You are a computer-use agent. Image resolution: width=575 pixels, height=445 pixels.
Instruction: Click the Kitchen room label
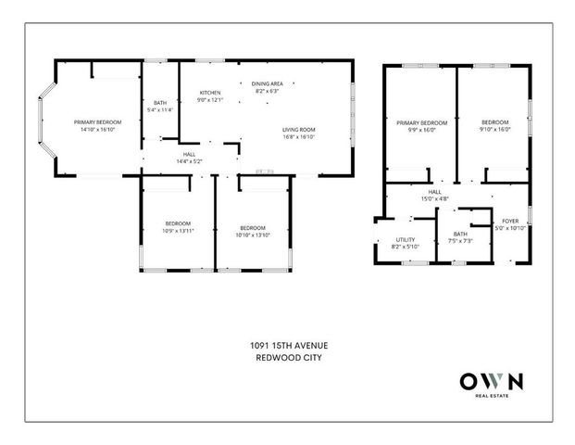(211, 94)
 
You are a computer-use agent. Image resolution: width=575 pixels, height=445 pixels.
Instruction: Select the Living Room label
(299, 129)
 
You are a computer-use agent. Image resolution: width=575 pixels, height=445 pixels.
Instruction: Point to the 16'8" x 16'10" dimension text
(299, 136)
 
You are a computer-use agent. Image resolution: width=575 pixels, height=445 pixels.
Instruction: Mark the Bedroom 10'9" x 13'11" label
(178, 226)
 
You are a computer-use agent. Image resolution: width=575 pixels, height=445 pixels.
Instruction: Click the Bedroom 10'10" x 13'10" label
(252, 230)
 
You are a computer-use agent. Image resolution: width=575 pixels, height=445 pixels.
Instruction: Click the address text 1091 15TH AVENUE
(288, 346)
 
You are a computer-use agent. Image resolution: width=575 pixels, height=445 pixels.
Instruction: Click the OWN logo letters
(492, 381)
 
